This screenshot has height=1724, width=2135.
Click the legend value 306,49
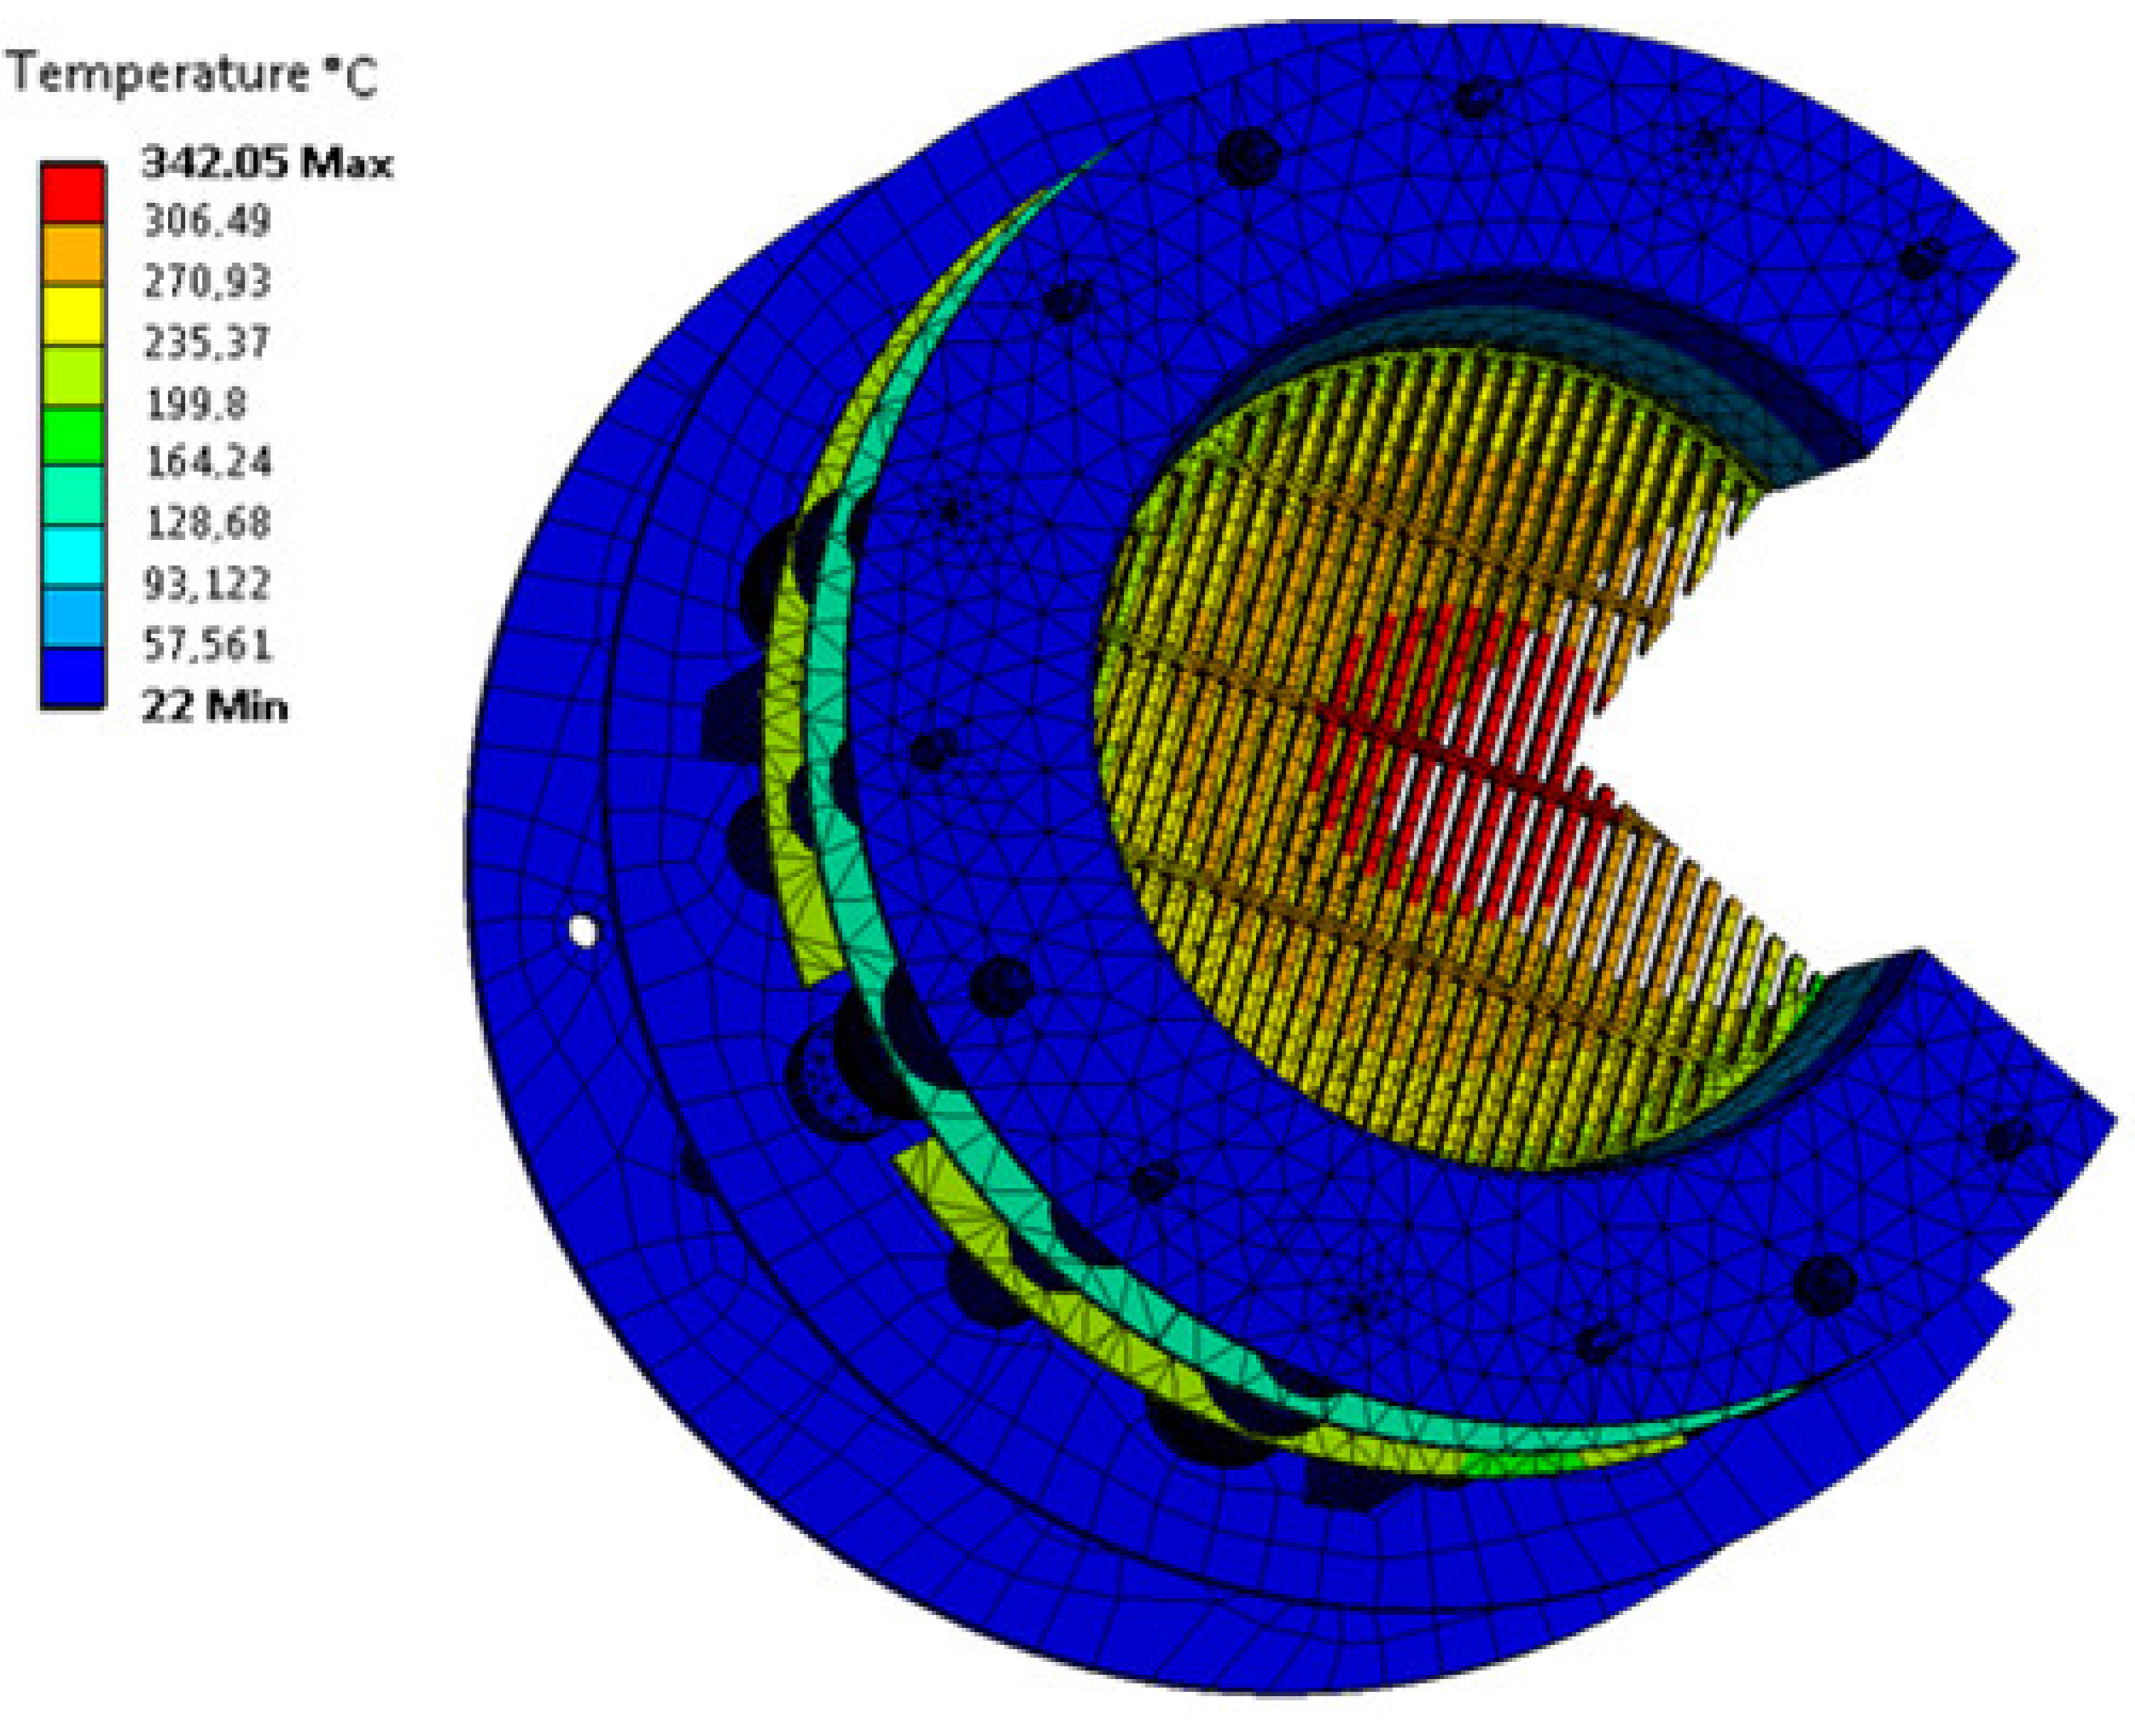point(206,221)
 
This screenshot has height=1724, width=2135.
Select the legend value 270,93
point(206,282)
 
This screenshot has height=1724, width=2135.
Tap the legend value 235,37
point(206,342)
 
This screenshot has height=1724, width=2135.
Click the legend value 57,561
point(206,645)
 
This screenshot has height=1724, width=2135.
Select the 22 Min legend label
point(214,707)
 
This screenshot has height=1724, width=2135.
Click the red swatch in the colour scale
point(72,193)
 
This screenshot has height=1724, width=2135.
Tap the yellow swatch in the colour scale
point(72,315)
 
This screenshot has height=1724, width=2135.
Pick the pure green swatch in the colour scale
point(72,435)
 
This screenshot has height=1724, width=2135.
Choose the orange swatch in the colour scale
point(72,253)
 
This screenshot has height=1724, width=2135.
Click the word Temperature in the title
point(159,74)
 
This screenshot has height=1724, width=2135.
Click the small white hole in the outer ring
point(583,931)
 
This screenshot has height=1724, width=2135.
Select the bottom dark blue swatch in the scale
point(72,678)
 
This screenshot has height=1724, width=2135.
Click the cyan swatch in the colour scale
point(72,556)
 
